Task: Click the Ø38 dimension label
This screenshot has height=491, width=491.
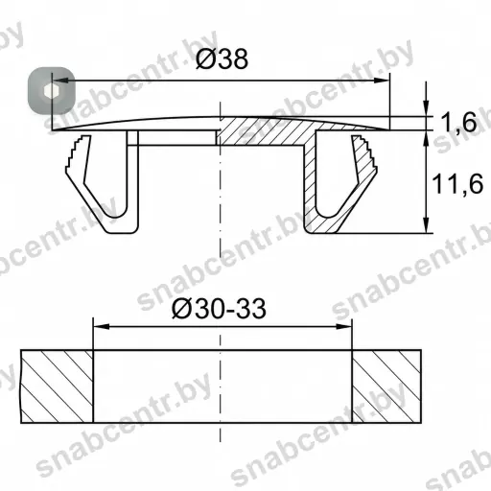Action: point(222,58)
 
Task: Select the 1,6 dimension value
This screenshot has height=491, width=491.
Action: point(458,123)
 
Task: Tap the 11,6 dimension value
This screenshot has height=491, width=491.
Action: point(457,184)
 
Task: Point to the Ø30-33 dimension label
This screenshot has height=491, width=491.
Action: point(219,309)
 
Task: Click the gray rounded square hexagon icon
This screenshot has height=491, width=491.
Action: point(52,91)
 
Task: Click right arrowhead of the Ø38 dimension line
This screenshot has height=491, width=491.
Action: point(382,81)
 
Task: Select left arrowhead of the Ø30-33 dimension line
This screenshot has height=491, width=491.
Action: point(101,326)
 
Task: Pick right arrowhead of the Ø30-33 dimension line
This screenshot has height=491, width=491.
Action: point(343,326)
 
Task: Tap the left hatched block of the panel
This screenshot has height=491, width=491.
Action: point(57,386)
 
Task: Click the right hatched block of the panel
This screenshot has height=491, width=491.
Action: point(386,386)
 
